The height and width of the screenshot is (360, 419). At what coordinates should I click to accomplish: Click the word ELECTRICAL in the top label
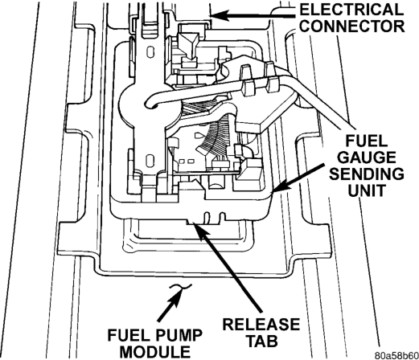(x=351, y=10)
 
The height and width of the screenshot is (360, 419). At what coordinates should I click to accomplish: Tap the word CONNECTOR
(x=351, y=26)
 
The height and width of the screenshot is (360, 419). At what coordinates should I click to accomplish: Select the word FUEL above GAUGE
(x=366, y=141)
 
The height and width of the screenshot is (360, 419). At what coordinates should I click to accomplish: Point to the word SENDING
(x=367, y=174)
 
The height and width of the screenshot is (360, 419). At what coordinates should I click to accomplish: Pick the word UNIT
(x=366, y=190)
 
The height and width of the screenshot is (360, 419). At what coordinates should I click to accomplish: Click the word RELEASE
(x=261, y=324)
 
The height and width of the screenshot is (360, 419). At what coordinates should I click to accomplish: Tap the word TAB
(x=261, y=341)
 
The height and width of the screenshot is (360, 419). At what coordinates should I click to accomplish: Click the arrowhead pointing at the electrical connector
(x=219, y=15)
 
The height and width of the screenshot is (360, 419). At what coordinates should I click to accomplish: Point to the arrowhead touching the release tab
(x=199, y=230)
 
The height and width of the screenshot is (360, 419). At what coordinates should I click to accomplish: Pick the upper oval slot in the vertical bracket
(x=150, y=51)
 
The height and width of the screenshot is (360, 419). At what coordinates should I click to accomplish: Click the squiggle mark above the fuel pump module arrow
(x=180, y=288)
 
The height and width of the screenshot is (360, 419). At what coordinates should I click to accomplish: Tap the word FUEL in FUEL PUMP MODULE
(x=128, y=335)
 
